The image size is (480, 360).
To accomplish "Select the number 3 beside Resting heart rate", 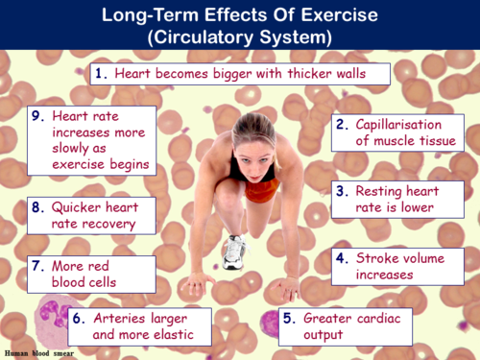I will coord(342,190).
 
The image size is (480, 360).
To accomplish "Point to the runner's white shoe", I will coord(234,252).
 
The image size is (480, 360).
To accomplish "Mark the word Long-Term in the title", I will coord(134,15).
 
